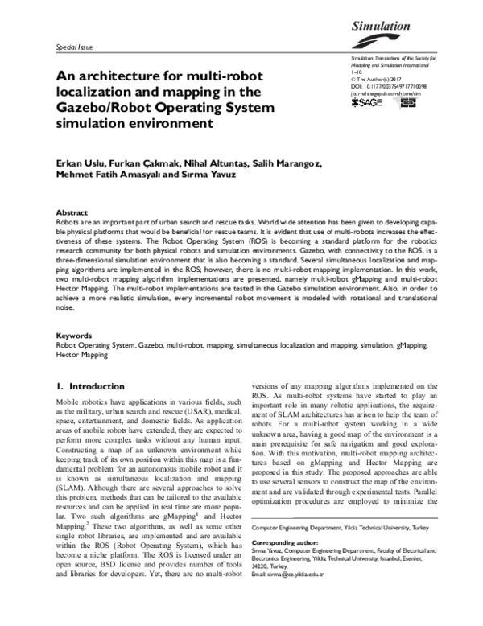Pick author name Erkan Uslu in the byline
[78, 165]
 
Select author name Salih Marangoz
[285, 165]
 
